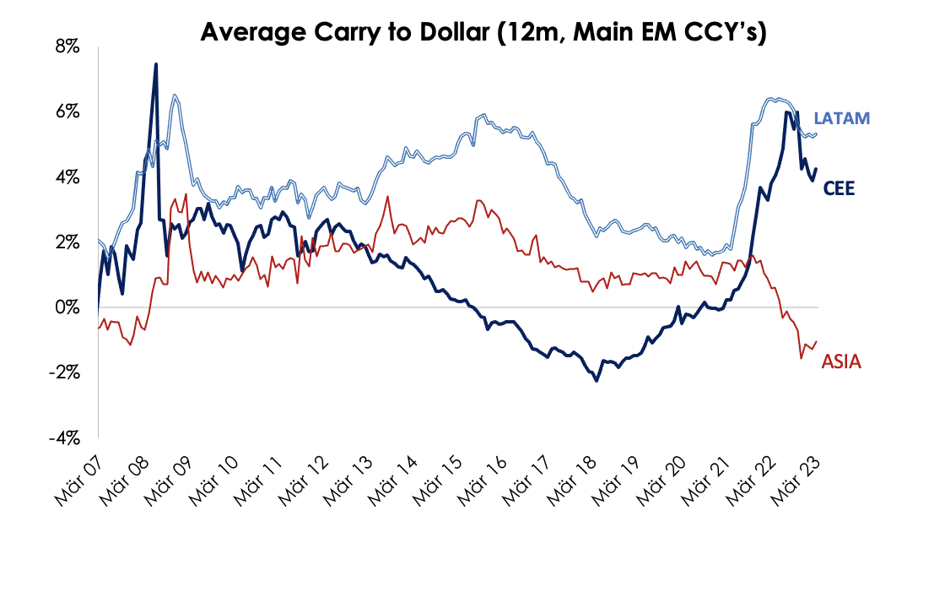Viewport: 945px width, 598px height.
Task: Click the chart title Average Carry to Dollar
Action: [x=482, y=33]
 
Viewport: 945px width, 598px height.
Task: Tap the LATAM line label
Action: [x=841, y=119]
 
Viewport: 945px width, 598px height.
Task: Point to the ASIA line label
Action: [x=841, y=362]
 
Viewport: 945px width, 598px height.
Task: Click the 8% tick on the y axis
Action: [x=67, y=47]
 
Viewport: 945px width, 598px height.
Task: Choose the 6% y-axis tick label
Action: [x=67, y=112]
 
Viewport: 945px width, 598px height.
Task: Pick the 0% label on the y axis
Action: [x=67, y=307]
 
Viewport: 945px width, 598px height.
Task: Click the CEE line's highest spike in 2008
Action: [x=156, y=63]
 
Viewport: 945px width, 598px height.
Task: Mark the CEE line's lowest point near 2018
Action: [x=597, y=381]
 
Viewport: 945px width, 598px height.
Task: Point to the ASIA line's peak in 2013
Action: [x=387, y=197]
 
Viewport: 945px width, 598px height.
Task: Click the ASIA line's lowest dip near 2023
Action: [x=801, y=358]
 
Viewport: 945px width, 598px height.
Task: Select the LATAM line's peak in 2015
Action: [x=483, y=114]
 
